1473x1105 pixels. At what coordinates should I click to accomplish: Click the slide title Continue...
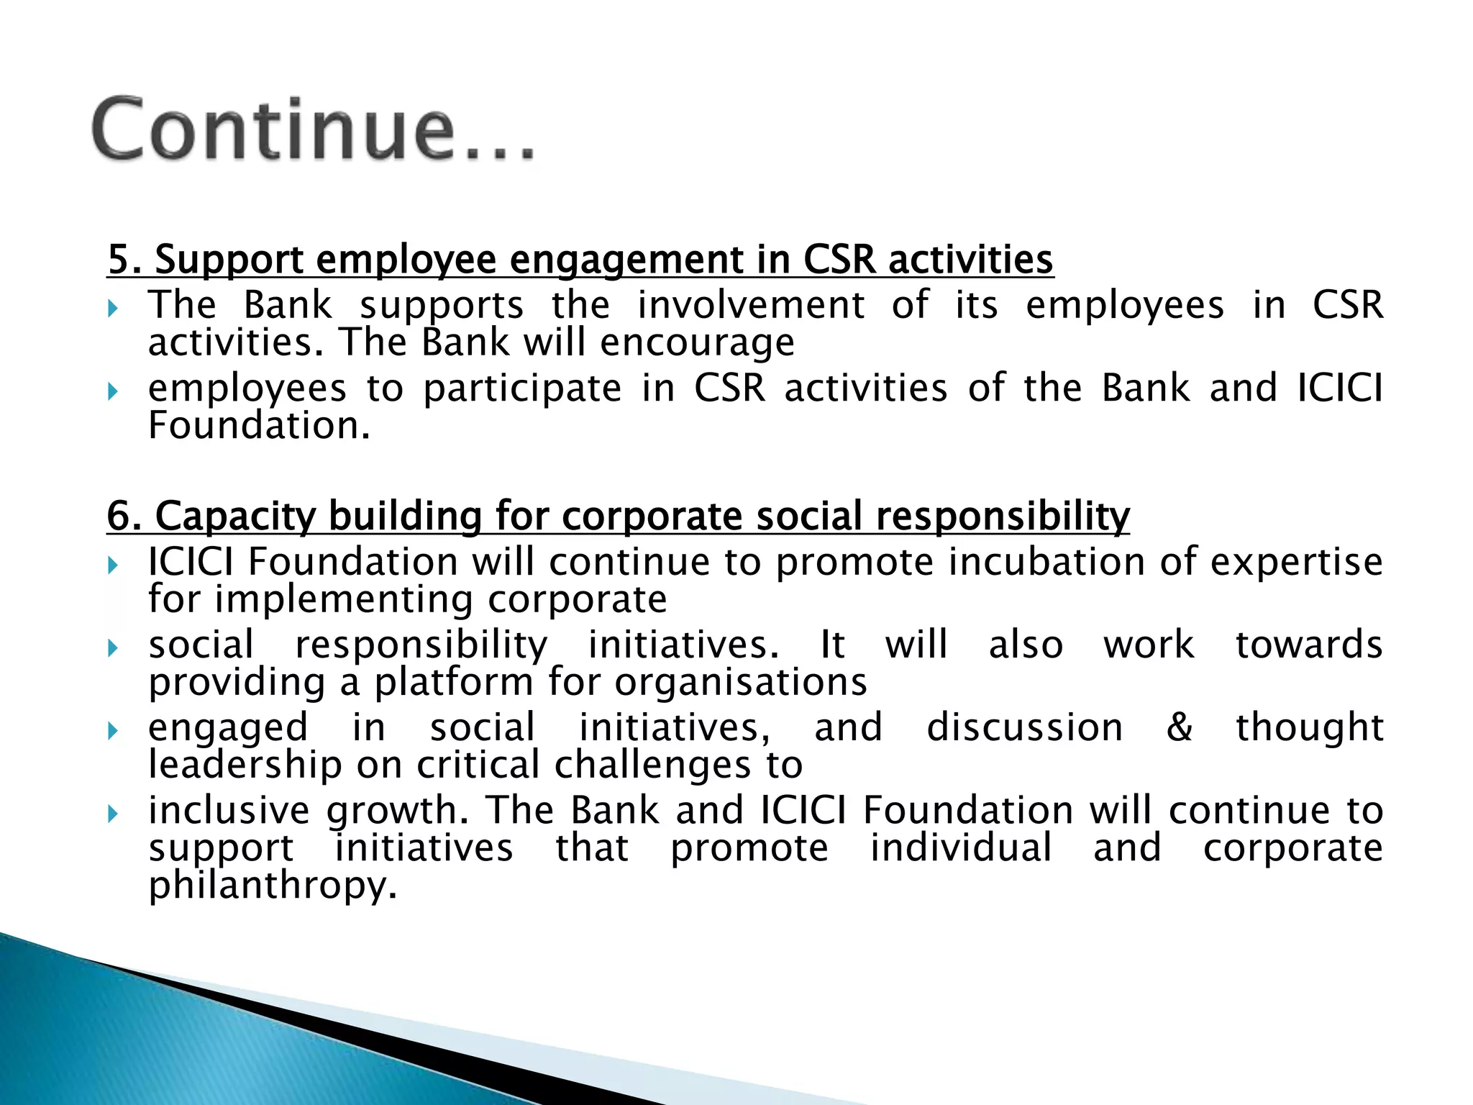pos(313,129)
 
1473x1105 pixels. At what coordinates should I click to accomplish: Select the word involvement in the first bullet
pos(750,305)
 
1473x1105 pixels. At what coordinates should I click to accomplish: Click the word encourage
pos(697,343)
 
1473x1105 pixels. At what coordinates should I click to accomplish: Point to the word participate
pos(522,389)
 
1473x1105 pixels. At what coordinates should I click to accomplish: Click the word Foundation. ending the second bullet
pos(259,426)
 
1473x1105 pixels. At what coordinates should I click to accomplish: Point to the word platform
pos(455,682)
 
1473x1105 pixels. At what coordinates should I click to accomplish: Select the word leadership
pos(245,765)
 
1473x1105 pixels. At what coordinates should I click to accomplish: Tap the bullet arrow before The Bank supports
pos(113,309)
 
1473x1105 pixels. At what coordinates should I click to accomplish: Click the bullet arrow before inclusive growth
pos(113,814)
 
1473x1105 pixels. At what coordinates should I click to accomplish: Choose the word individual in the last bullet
pos(961,847)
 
